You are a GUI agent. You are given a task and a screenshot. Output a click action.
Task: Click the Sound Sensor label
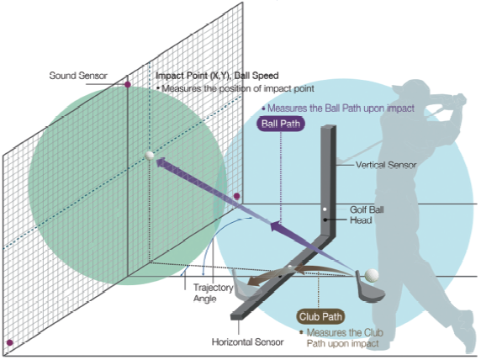(x=78, y=76)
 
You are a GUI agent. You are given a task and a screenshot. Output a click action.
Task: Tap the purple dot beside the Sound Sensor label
(x=128, y=84)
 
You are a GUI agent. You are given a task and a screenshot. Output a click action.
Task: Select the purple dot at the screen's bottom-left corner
(x=10, y=342)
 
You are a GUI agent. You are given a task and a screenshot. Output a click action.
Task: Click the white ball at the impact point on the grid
(x=150, y=156)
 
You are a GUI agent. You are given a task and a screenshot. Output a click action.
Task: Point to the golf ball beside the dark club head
(x=372, y=275)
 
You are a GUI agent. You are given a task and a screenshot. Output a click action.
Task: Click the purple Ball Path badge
(x=281, y=124)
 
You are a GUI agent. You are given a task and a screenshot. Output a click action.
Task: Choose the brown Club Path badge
(x=320, y=317)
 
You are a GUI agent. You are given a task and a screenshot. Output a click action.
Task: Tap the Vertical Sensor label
(x=386, y=165)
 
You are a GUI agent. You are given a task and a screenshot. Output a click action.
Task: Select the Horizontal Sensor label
(x=247, y=341)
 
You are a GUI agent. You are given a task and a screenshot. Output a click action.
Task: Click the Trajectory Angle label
(x=214, y=293)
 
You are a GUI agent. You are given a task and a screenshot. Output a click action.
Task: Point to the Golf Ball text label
(x=367, y=209)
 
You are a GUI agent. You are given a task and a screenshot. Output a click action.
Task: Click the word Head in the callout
(x=361, y=220)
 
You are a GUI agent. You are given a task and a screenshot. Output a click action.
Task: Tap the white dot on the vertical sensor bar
(x=325, y=209)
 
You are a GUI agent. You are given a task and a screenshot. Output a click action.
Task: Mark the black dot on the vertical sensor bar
(x=325, y=220)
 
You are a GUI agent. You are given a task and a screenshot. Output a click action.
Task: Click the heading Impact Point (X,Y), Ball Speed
(x=217, y=76)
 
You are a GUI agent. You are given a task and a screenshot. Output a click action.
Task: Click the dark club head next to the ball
(x=369, y=289)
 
